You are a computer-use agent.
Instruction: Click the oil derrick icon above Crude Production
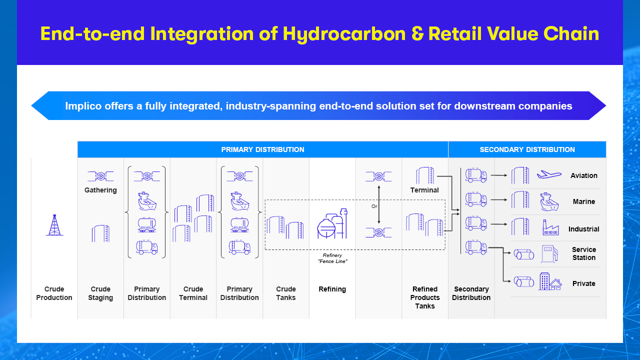54,225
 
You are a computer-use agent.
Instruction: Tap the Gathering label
100,190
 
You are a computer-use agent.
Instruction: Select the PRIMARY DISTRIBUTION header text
262,149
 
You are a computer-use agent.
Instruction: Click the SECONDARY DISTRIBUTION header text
527,149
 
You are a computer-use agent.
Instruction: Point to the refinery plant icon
332,223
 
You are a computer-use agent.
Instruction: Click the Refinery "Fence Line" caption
332,258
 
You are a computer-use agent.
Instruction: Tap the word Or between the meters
374,206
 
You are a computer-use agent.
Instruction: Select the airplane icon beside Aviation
549,174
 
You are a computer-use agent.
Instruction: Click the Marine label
583,201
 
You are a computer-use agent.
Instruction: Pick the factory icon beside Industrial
550,227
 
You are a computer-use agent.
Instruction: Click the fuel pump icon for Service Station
549,253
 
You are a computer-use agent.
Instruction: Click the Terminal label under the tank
424,190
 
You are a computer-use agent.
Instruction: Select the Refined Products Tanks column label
425,297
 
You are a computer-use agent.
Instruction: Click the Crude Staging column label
100,293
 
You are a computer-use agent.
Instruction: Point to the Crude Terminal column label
193,293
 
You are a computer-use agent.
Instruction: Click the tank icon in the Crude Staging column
100,233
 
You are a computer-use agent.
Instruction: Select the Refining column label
332,289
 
